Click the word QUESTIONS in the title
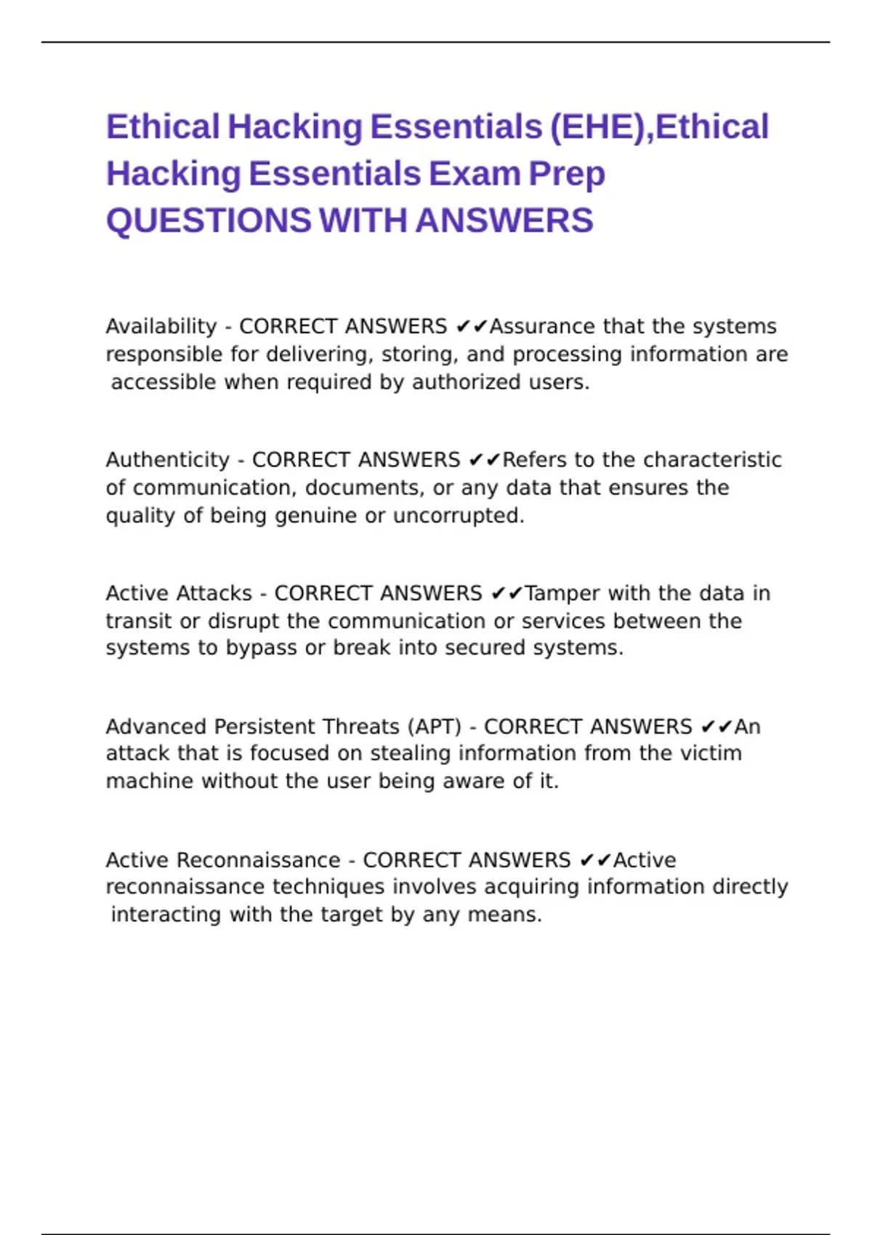click(209, 221)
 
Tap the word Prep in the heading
click(566, 174)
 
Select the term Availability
click(161, 326)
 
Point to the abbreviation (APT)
click(434, 726)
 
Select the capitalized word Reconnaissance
click(258, 860)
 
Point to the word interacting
click(165, 915)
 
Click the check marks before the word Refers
click(485, 460)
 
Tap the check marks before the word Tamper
click(506, 594)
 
